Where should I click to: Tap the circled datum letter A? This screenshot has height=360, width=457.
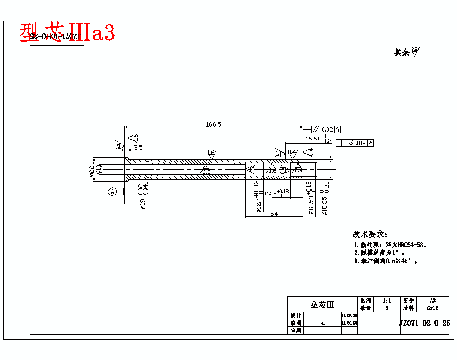[x=112, y=192]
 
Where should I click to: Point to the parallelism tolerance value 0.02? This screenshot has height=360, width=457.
[x=327, y=129]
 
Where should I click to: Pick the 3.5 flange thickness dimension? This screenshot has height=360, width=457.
[x=138, y=148]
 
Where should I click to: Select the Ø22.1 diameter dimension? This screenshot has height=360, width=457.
[x=91, y=170]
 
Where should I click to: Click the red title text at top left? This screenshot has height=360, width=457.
[x=67, y=33]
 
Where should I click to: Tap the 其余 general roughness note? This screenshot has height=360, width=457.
[x=406, y=52]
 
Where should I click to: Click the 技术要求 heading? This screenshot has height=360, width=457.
[x=370, y=234]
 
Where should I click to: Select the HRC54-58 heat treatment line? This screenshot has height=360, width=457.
[x=391, y=245]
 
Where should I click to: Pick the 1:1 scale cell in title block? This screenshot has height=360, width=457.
[x=387, y=301]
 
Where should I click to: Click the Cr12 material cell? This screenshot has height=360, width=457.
[x=432, y=308]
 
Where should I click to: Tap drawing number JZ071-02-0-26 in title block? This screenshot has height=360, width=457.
[x=424, y=324]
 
